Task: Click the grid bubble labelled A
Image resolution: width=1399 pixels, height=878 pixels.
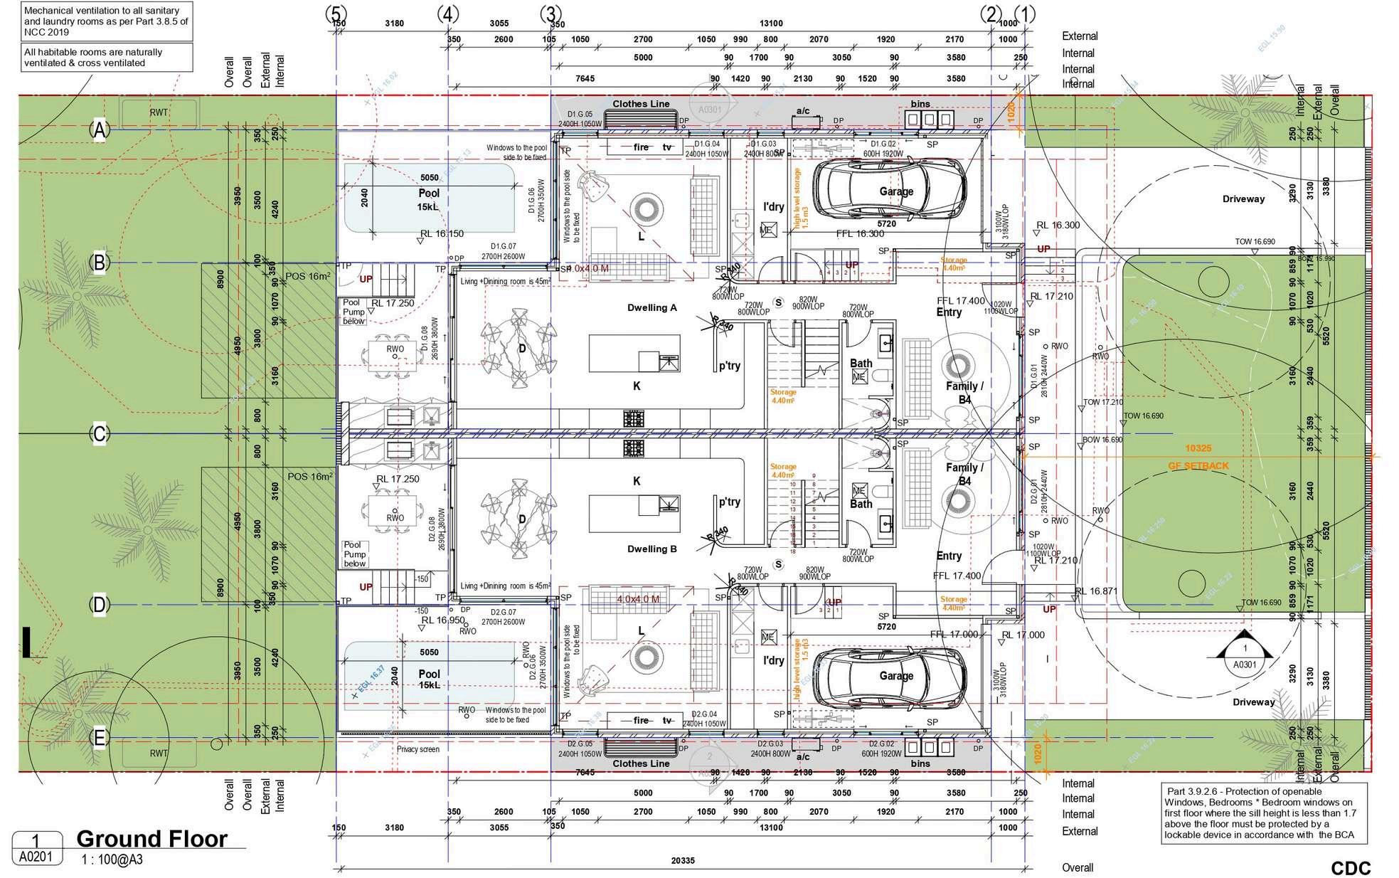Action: [100, 129]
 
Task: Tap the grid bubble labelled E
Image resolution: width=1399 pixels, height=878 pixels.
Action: [100, 739]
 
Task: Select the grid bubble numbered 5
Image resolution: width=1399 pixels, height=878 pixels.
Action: [336, 14]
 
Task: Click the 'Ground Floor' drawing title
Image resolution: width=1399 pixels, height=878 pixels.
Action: [151, 838]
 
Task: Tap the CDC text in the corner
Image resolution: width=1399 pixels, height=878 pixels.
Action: [1351, 868]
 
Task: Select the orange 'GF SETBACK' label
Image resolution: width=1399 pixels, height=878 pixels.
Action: [1198, 466]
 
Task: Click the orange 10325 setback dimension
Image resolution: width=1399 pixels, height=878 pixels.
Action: [1198, 448]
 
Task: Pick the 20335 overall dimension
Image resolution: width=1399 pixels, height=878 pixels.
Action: [682, 861]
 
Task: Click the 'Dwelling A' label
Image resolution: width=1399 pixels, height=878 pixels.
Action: [651, 308]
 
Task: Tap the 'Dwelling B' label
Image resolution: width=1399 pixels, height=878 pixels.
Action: [651, 549]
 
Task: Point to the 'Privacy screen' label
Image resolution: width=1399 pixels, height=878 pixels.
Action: [418, 749]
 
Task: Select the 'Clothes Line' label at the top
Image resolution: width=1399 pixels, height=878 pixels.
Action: [641, 104]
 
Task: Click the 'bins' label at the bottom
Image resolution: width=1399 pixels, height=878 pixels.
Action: [920, 763]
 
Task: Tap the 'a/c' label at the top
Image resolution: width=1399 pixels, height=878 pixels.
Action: [803, 111]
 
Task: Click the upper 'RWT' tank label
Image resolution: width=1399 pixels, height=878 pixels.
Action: [159, 112]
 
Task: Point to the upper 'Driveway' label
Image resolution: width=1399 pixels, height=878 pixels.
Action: [1243, 199]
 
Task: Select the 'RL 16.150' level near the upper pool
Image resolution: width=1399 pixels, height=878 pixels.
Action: [441, 233]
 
